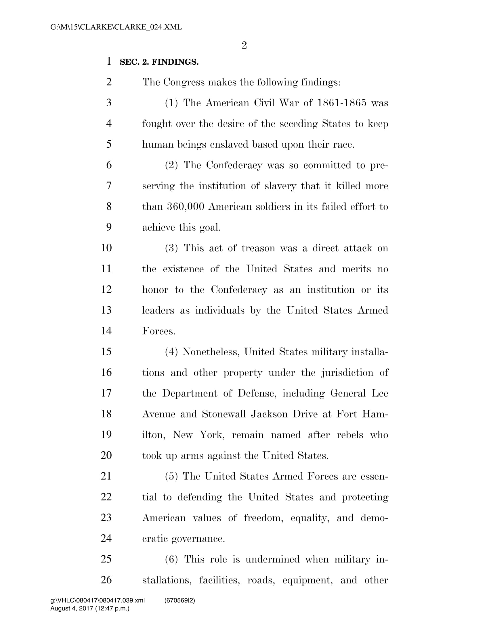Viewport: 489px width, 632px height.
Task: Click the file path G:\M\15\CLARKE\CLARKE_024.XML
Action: [116, 27]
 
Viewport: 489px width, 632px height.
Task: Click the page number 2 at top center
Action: [244, 45]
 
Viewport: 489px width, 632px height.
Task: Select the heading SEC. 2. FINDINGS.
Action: [159, 62]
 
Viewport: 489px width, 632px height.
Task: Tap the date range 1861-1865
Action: [342, 103]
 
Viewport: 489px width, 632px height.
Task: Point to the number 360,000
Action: [186, 207]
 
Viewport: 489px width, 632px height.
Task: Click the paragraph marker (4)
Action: [171, 352]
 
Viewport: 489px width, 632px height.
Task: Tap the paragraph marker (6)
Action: [171, 559]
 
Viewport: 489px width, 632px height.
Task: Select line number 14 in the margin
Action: [106, 331]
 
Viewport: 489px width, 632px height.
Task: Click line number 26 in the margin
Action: [106, 580]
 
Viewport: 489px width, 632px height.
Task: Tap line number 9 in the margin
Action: [109, 227]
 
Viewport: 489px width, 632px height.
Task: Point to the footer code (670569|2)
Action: [179, 600]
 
